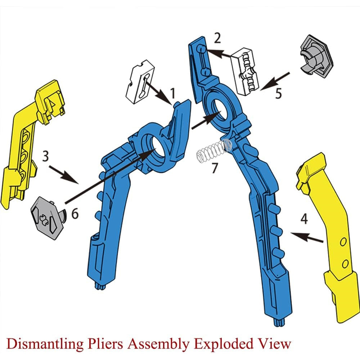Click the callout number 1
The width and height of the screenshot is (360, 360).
pos(173,93)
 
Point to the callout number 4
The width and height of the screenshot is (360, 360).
pos(304,219)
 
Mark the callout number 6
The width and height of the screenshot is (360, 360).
pos(75,213)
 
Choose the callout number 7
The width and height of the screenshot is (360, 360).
pos(215,167)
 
